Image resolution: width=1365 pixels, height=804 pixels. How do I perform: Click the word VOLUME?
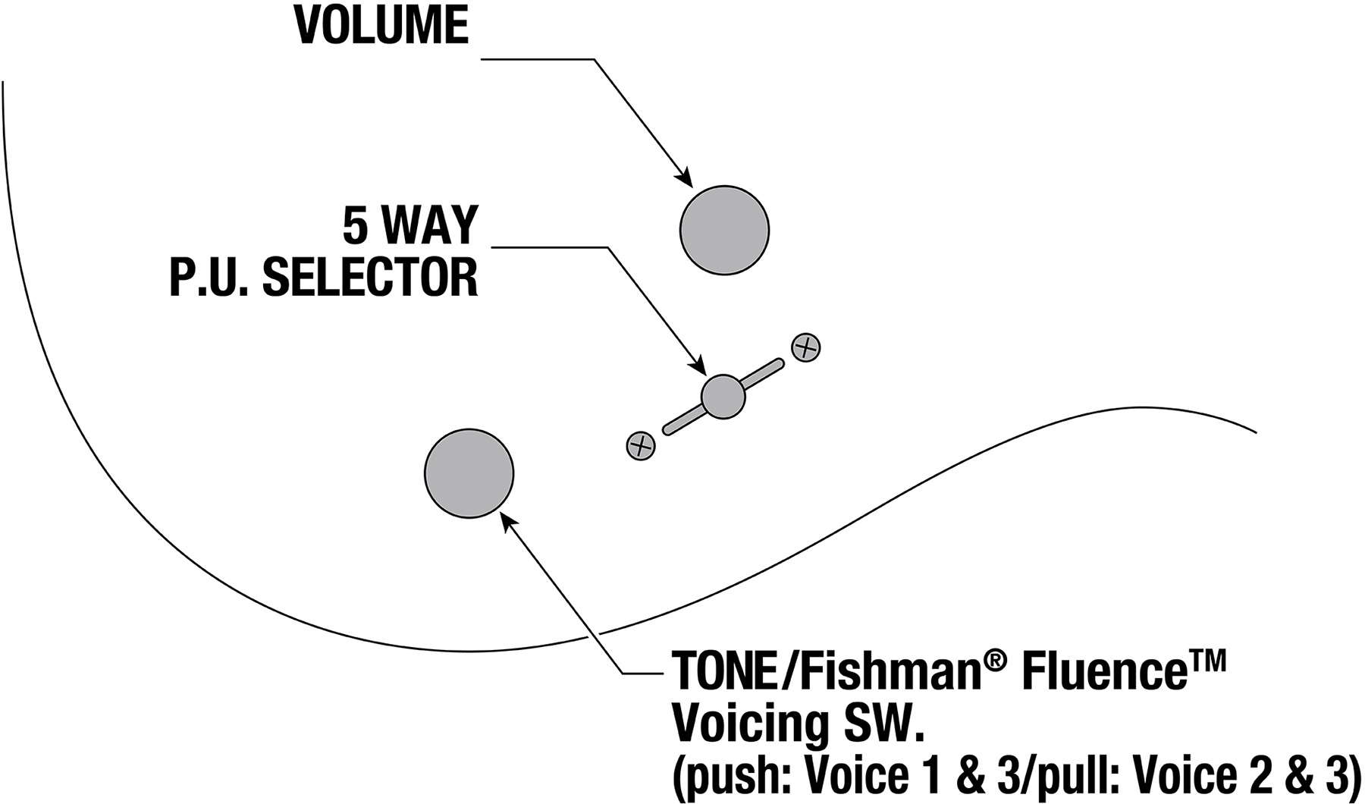382,25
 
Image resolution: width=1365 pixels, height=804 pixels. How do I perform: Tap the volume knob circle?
724,229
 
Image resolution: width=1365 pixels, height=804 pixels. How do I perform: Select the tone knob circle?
469,473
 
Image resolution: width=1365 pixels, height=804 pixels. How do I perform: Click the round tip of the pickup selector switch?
723,396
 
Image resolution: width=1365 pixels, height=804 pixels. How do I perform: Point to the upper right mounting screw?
805,347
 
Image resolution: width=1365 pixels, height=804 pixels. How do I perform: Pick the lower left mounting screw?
641,446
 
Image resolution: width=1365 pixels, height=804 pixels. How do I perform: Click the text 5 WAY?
410,225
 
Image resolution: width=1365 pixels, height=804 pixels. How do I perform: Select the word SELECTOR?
370,278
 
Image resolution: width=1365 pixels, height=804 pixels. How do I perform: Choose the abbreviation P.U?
209,278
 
